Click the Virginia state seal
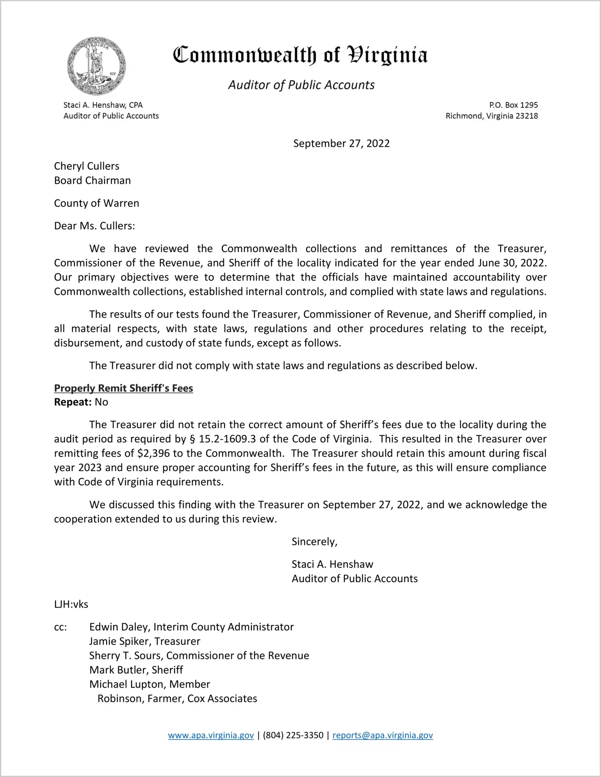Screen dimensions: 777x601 click(x=96, y=66)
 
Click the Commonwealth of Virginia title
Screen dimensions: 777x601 click(x=300, y=55)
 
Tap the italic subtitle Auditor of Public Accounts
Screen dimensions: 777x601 click(x=301, y=85)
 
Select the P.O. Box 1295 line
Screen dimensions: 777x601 click(x=513, y=105)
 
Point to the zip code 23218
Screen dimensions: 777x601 click(x=527, y=116)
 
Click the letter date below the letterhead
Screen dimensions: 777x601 click(x=341, y=144)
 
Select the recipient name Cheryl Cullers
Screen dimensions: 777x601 click(x=87, y=166)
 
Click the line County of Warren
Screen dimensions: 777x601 click(x=97, y=203)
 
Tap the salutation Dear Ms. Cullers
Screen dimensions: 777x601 click(x=95, y=226)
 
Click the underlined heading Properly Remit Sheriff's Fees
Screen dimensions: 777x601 click(x=123, y=388)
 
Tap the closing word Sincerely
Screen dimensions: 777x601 click(x=314, y=542)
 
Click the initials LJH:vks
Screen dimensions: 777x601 click(x=71, y=604)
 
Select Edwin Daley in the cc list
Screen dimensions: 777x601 click(x=119, y=627)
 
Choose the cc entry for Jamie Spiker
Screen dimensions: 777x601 click(x=145, y=641)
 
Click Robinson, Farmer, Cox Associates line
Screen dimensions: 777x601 click(x=177, y=699)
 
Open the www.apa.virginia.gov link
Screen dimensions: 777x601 click(x=211, y=736)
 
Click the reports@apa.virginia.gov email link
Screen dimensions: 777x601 click(x=383, y=736)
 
